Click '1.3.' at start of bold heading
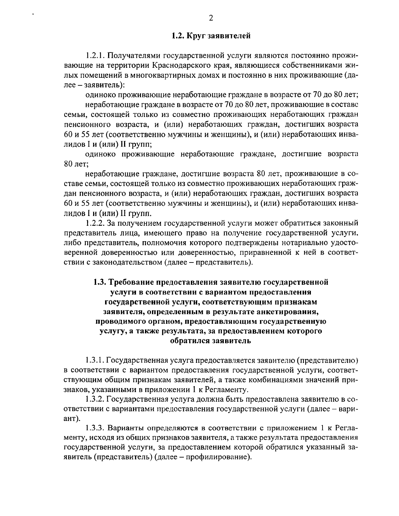(100, 282)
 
